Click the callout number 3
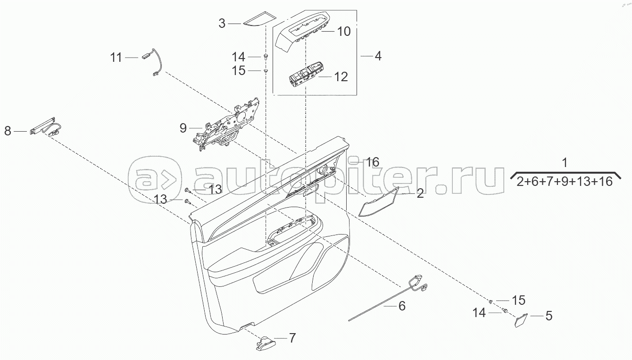pos(222,23)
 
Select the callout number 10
pos(344,31)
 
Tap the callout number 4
pos(378,56)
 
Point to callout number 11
pos(116,58)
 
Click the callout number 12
pos(341,76)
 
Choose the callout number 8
pos(8,131)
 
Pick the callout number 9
pos(183,128)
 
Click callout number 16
pos(373,162)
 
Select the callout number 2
pos(420,193)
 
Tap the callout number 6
pos(402,306)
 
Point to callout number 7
pos(292,338)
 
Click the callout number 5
pos(549,316)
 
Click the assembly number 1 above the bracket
pos(565,162)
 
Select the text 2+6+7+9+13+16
pos(565,181)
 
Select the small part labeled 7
pos(266,343)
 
